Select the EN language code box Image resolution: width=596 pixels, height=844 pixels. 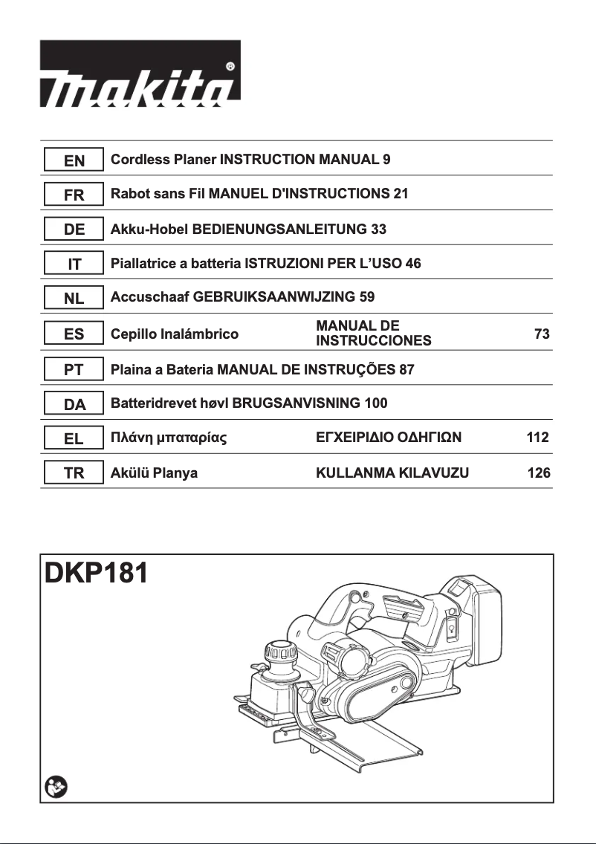coord(74,160)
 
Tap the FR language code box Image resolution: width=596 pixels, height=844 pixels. coord(74,195)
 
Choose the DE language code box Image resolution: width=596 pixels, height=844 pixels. coord(74,230)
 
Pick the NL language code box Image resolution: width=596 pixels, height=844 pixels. coord(74,299)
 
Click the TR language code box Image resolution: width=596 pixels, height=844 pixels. coord(74,473)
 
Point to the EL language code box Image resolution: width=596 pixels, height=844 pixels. coord(74,438)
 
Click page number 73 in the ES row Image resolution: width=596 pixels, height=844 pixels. coord(542,334)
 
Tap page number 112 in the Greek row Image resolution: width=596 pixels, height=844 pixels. coord(538,438)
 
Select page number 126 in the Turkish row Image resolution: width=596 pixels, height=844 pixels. coord(538,473)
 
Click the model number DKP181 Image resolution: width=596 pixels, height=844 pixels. coord(96,574)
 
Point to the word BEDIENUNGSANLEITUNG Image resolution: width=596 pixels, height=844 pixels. coord(279,230)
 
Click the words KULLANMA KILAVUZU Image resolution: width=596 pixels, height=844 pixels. coord(392,473)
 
